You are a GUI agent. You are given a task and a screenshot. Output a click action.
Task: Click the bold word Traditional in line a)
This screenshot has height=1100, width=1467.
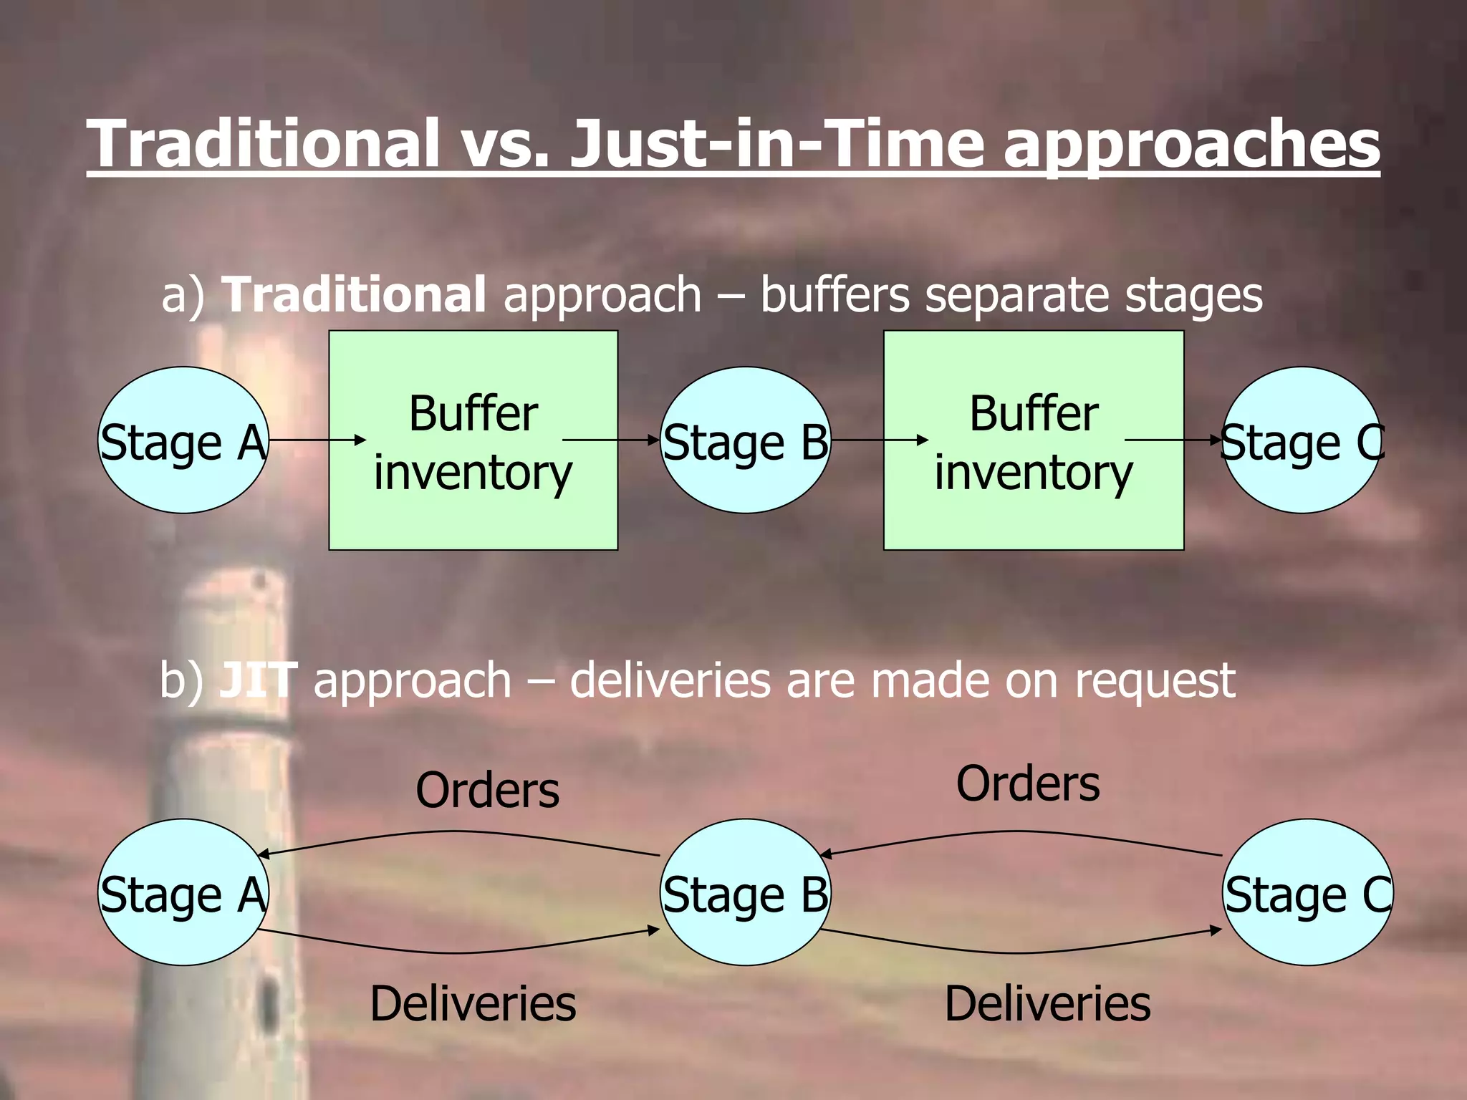click(354, 294)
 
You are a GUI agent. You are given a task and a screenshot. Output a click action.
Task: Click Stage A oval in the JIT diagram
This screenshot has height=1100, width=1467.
click(183, 892)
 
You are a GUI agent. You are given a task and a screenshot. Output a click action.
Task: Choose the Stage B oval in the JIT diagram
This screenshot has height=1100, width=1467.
click(745, 892)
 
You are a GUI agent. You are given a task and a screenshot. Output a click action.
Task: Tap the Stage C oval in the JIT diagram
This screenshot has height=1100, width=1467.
click(1308, 892)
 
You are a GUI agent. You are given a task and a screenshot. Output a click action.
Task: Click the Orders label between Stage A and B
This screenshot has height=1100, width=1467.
click(487, 791)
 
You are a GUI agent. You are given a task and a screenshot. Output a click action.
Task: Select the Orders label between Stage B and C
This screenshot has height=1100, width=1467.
click(1028, 783)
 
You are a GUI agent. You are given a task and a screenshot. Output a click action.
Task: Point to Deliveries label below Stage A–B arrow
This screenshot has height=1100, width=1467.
click(473, 1003)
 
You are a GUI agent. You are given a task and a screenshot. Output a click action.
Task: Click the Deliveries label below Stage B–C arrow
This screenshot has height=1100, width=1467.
click(1047, 1003)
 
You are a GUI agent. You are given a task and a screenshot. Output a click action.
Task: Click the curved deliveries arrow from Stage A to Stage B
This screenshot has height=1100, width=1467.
click(458, 952)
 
